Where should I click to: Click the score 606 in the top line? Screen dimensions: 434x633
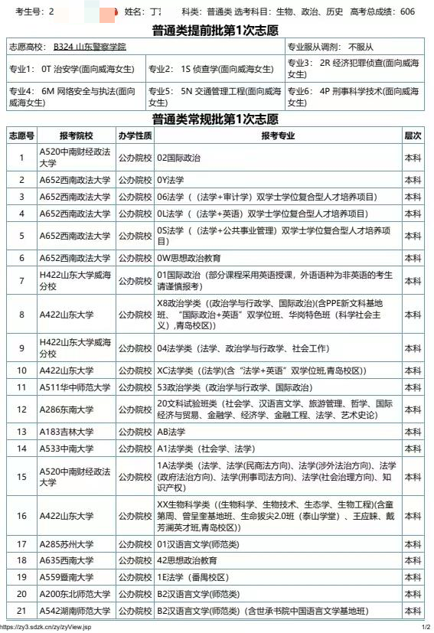[407, 11]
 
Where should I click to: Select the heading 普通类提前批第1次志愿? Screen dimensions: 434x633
[217, 30]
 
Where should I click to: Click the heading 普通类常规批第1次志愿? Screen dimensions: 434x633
[217, 119]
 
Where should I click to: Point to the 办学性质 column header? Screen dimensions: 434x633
[135, 135]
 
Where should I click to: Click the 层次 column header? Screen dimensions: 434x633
[413, 135]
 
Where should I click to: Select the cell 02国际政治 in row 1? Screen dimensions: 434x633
[178, 158]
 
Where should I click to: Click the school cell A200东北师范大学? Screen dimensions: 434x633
[74, 594]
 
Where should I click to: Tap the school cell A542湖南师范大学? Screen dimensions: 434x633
[74, 611]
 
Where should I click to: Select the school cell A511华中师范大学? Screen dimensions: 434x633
[74, 387]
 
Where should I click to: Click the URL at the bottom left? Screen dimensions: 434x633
[46, 627]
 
